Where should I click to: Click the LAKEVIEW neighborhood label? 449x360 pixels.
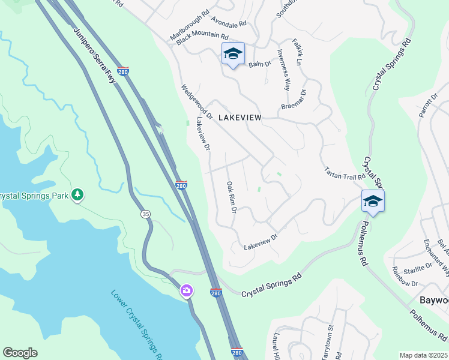pyautogui.click(x=240, y=118)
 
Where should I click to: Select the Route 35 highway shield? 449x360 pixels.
pyautogui.click(x=145, y=214)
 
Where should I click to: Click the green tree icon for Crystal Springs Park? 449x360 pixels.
pyautogui.click(x=77, y=194)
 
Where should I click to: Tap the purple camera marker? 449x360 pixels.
pyautogui.click(x=187, y=291)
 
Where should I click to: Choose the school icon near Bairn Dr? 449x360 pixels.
pyautogui.click(x=233, y=54)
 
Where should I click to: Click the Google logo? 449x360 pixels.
pyautogui.click(x=20, y=353)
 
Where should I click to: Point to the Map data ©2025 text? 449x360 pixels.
pyautogui.click(x=423, y=355)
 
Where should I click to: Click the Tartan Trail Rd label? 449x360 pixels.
pyautogui.click(x=345, y=173)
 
